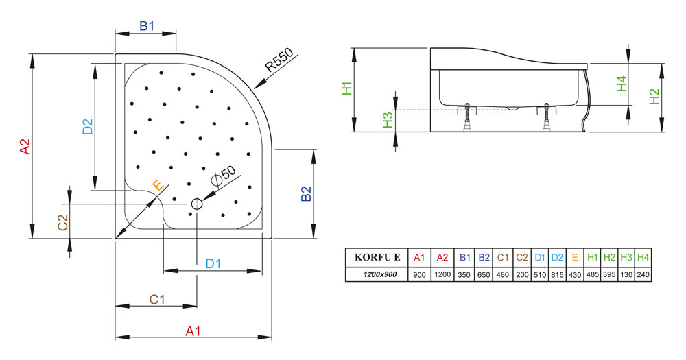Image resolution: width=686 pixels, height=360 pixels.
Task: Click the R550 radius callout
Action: click(x=279, y=60)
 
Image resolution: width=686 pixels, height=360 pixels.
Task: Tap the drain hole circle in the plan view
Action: click(x=197, y=204)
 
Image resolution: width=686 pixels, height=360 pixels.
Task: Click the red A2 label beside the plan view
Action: click(x=25, y=147)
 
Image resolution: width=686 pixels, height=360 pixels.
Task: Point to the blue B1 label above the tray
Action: click(x=147, y=26)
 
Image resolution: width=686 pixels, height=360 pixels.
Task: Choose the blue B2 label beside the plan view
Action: click(x=306, y=193)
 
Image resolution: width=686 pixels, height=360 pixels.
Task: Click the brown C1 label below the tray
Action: click(x=157, y=299)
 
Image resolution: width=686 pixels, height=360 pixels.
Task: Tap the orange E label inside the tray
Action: click(x=158, y=185)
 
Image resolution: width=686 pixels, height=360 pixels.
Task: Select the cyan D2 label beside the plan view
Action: click(x=88, y=126)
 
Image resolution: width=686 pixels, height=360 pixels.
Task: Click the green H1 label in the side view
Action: click(x=347, y=88)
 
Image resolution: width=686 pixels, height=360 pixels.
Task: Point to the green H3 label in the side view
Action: click(x=388, y=120)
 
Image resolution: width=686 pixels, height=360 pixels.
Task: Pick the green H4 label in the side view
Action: click(x=622, y=84)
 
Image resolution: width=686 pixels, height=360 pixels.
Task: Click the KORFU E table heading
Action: click(x=377, y=257)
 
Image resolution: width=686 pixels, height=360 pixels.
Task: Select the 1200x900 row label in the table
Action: click(x=377, y=275)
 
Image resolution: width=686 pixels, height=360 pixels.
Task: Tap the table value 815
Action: click(x=557, y=275)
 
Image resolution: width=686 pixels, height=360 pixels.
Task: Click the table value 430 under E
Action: click(x=574, y=275)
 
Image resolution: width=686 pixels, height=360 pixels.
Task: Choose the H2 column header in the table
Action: click(x=609, y=257)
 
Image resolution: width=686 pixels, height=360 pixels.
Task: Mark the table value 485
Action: click(x=592, y=275)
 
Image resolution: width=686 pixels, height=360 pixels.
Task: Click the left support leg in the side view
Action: click(x=467, y=117)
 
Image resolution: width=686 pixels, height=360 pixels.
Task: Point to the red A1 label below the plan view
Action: click(x=193, y=331)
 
